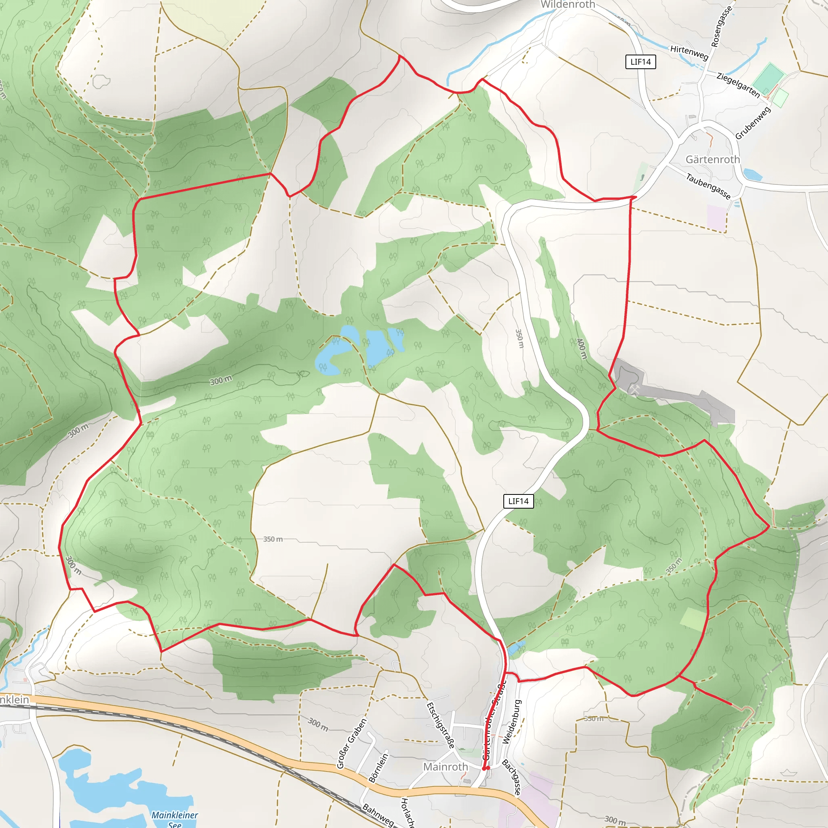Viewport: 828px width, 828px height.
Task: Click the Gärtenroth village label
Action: point(713,159)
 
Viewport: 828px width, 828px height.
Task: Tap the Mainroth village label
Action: point(445,767)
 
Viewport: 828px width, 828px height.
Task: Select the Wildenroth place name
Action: point(568,5)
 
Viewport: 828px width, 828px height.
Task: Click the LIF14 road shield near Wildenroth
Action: point(640,62)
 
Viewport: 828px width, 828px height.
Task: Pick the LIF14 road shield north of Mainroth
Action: point(518,501)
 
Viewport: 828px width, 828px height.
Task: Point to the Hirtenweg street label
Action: point(689,52)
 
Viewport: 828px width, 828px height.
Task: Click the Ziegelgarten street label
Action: point(738,85)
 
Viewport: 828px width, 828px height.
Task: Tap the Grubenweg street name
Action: point(753,123)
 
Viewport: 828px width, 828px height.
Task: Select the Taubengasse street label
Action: point(708,186)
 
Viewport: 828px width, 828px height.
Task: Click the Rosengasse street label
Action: point(722,27)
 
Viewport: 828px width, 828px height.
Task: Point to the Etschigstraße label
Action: point(440,725)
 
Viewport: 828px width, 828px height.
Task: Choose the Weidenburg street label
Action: point(512,722)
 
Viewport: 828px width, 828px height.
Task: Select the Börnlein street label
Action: point(378,768)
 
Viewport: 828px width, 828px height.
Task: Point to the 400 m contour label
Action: point(581,349)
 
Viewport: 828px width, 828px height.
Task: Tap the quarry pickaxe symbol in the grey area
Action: point(634,389)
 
